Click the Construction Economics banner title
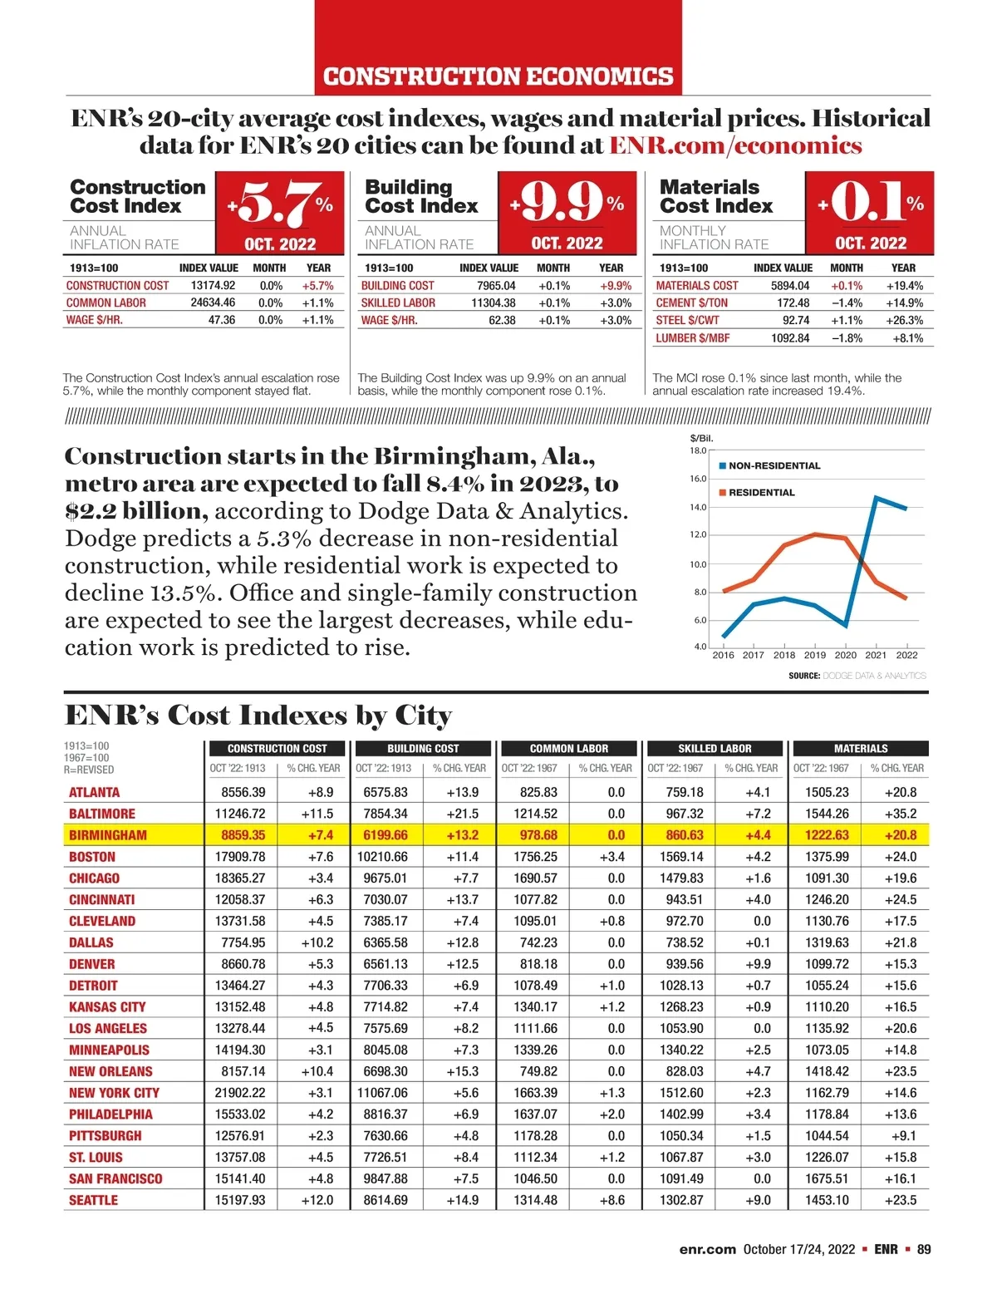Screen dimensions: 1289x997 [x=498, y=76]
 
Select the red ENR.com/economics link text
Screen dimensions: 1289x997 [x=735, y=145]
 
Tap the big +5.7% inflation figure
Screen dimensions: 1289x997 [x=281, y=203]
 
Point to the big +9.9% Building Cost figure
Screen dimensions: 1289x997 [x=567, y=203]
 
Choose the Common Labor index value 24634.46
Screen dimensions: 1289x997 [x=213, y=303]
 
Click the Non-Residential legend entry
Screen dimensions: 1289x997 [x=774, y=466]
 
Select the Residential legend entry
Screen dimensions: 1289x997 [x=761, y=493]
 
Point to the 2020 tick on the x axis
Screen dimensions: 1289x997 [x=846, y=655]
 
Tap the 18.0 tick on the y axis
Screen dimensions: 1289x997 [x=698, y=450]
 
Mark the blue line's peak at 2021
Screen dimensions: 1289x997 [x=877, y=497]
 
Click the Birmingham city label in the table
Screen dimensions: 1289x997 [x=108, y=835]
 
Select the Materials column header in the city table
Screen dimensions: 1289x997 [x=861, y=749]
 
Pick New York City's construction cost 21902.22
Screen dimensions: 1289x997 [x=240, y=1093]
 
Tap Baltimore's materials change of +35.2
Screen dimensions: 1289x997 [x=901, y=814]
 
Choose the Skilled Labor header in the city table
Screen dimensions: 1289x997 [x=715, y=749]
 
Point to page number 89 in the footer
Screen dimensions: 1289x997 [x=924, y=1249]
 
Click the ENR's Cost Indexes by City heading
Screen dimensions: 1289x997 [x=258, y=716]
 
